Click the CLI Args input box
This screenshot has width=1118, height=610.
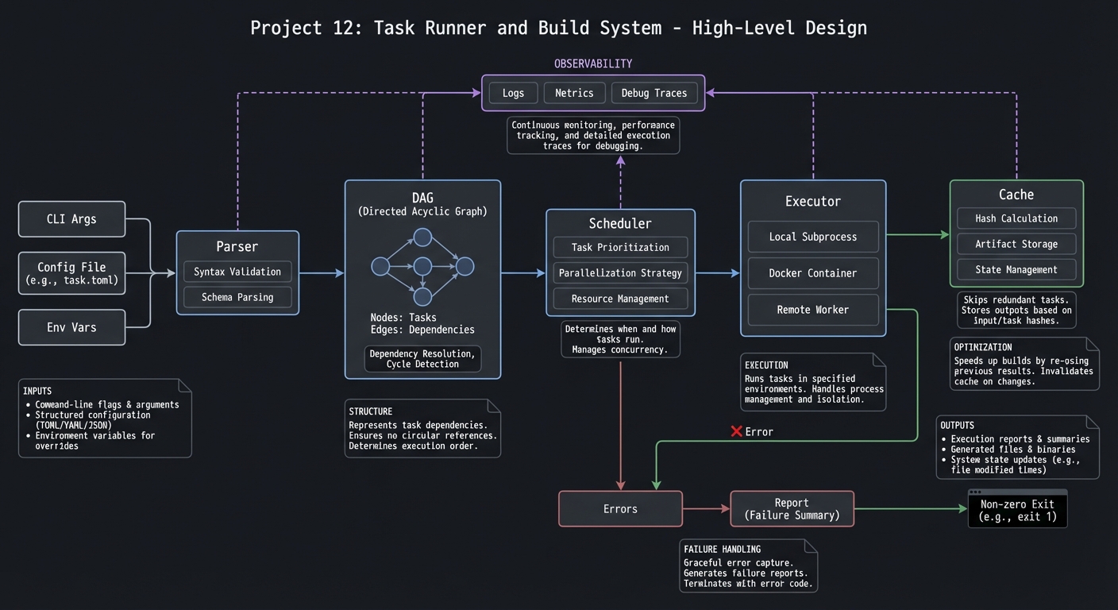click(71, 219)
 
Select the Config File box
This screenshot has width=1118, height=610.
click(71, 273)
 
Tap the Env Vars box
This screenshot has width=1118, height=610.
click(71, 327)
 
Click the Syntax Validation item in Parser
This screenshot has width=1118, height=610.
click(237, 272)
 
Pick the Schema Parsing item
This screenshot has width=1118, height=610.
click(237, 297)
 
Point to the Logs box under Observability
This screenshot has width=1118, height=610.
click(513, 93)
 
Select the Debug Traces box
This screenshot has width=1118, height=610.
click(653, 93)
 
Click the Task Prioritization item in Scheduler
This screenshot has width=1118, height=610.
click(620, 247)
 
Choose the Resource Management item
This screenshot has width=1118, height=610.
click(620, 299)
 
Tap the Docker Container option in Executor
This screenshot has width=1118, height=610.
click(812, 273)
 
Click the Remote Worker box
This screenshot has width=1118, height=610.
click(812, 310)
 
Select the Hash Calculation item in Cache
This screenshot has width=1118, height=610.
click(1016, 218)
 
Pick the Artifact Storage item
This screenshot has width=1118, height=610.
click(1016, 244)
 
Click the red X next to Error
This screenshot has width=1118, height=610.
click(736, 431)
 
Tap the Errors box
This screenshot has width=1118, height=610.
click(620, 508)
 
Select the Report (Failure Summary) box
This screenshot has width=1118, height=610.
click(792, 508)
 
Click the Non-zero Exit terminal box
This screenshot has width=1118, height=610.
click(1017, 510)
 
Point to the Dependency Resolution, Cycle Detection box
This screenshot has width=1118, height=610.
click(422, 359)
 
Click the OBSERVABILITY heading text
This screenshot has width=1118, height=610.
click(593, 64)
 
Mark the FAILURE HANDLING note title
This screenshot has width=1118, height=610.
click(722, 549)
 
